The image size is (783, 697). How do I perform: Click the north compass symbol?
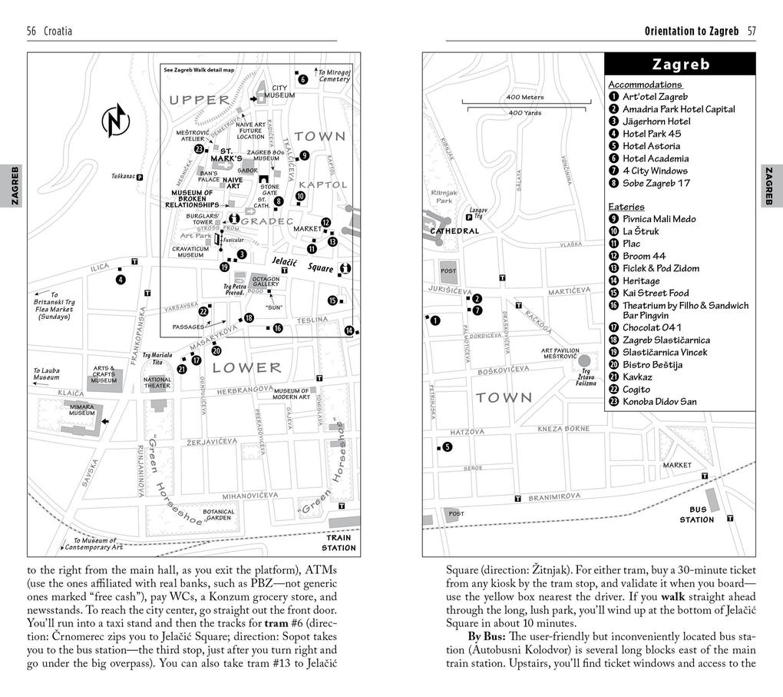click(x=116, y=121)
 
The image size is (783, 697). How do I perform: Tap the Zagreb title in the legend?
click(x=680, y=64)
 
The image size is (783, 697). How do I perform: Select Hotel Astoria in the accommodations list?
click(x=650, y=146)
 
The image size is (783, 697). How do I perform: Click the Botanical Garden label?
click(x=218, y=514)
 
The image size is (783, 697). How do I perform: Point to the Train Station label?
click(x=339, y=543)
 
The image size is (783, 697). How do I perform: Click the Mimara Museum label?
click(x=82, y=410)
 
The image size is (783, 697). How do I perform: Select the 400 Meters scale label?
click(x=525, y=98)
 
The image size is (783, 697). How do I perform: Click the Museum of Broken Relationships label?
click(x=192, y=199)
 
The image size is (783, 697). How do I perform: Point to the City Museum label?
click(x=279, y=92)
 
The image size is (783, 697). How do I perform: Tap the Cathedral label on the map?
click(x=454, y=231)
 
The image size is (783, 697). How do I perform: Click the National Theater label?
click(x=157, y=382)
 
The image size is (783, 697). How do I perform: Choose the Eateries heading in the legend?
click(x=626, y=207)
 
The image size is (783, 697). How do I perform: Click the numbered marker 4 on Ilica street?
click(x=121, y=279)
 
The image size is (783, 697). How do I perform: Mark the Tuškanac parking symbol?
click(x=140, y=177)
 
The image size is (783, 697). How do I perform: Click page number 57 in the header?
click(x=752, y=32)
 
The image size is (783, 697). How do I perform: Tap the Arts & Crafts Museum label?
click(x=104, y=374)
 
